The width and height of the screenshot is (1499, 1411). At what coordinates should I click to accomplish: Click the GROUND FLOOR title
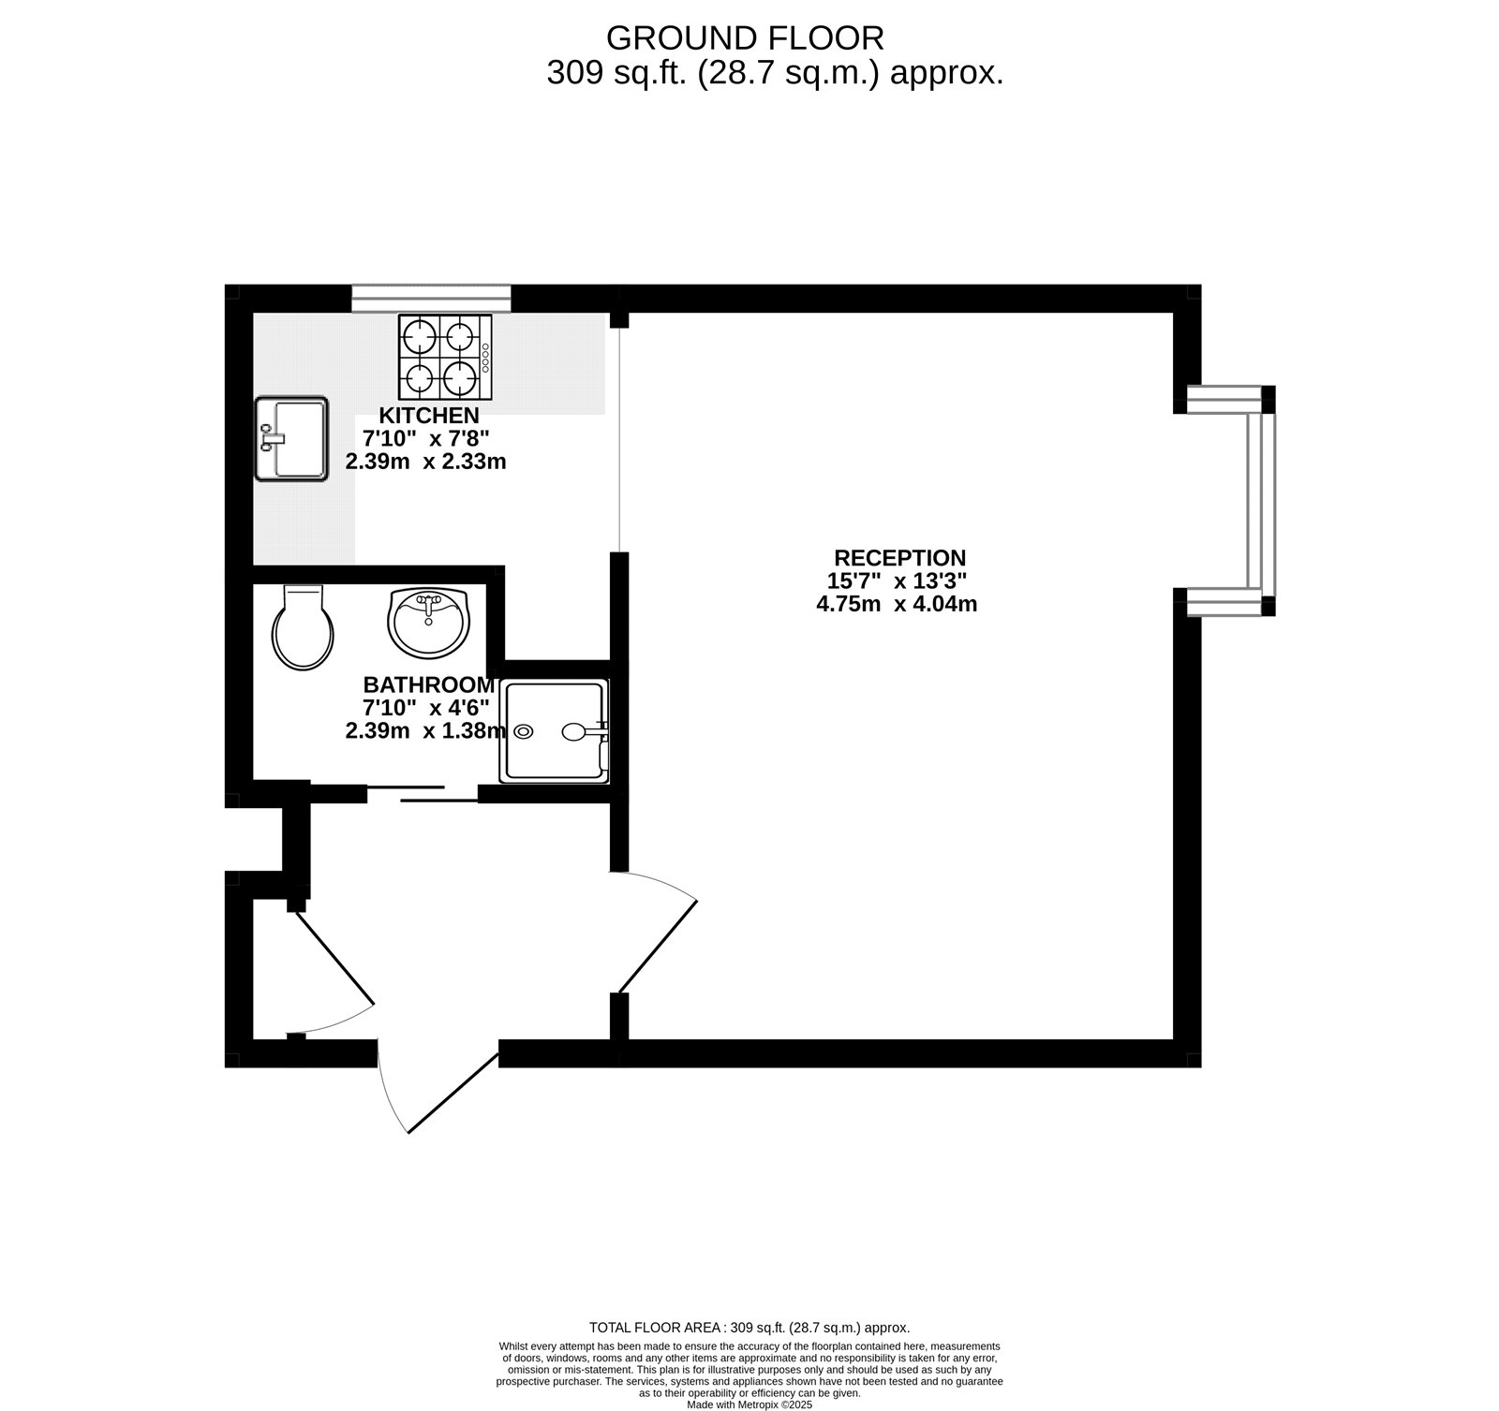click(x=745, y=38)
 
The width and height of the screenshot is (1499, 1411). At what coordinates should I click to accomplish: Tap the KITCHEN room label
click(x=429, y=416)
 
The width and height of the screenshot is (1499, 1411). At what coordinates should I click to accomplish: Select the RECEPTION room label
click(x=899, y=559)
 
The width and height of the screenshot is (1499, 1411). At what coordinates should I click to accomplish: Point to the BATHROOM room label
click(x=429, y=685)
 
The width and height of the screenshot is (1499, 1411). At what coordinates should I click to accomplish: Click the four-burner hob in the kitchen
click(x=445, y=357)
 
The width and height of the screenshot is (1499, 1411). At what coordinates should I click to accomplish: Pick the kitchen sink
click(x=291, y=439)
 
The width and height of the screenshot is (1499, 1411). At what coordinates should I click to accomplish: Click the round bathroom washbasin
click(x=428, y=622)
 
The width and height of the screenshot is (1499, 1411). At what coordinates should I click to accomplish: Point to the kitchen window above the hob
click(x=432, y=298)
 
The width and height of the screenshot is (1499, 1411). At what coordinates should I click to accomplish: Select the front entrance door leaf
click(x=453, y=1092)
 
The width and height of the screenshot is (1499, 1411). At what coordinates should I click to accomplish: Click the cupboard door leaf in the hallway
click(x=334, y=955)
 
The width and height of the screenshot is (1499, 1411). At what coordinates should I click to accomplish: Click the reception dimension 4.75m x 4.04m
click(x=897, y=604)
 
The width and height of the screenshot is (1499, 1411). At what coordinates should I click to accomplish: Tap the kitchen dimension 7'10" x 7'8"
click(x=426, y=438)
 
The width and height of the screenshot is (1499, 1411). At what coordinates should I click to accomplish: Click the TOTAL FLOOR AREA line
click(x=749, y=1328)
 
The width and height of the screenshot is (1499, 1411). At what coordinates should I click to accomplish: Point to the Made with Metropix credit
click(x=749, y=1404)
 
